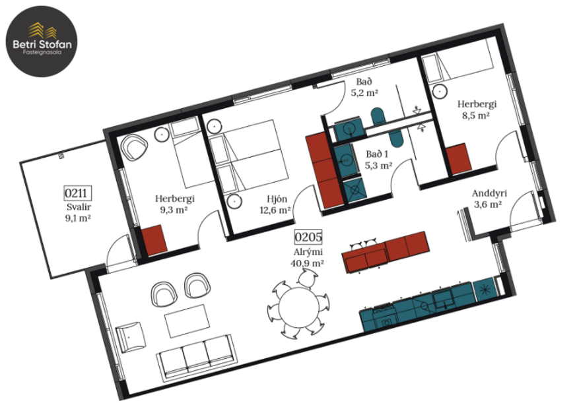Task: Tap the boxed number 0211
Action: point(77,193)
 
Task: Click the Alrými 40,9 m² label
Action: point(308,257)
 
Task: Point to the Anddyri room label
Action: point(489,199)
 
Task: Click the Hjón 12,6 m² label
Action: point(275,204)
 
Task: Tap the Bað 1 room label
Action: point(378,160)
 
